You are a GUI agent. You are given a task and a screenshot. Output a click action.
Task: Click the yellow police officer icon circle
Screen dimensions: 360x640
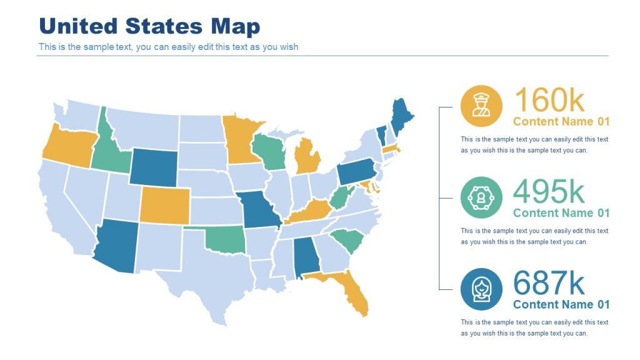[481, 106]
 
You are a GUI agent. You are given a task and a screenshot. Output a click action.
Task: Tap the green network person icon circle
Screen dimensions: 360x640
[481, 197]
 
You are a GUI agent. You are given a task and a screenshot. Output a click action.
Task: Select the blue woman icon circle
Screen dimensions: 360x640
[481, 289]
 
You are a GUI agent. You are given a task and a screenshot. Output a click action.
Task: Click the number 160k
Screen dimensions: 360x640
[549, 100]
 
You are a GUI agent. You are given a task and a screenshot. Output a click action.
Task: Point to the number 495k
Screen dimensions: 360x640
[549, 192]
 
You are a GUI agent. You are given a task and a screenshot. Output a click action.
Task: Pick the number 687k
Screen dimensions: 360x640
[549, 283]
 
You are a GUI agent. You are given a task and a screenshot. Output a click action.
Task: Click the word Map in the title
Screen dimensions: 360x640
[235, 26]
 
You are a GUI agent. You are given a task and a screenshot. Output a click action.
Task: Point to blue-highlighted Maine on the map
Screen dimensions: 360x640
[400, 115]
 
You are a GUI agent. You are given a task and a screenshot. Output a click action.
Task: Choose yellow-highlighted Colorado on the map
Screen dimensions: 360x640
[164, 204]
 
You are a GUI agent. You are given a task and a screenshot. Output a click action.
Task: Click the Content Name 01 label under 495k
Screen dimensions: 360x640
[561, 213]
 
